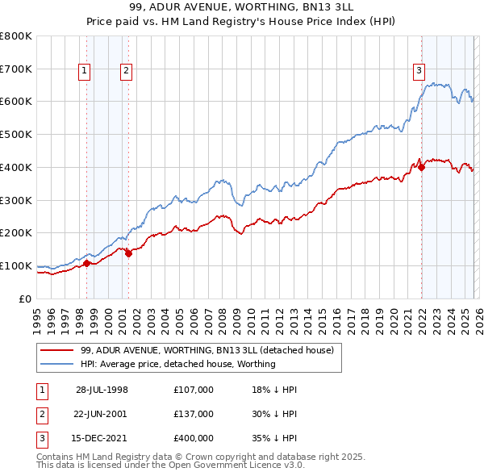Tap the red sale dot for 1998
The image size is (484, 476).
[x=86, y=262]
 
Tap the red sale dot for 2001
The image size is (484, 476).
[x=128, y=253]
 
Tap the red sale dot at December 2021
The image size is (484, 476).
[x=421, y=167]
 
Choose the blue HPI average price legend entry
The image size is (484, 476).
[x=178, y=364]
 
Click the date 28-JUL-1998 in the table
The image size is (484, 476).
[x=102, y=390]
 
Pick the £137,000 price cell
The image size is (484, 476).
[x=194, y=414]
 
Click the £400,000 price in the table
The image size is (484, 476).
[x=194, y=438]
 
